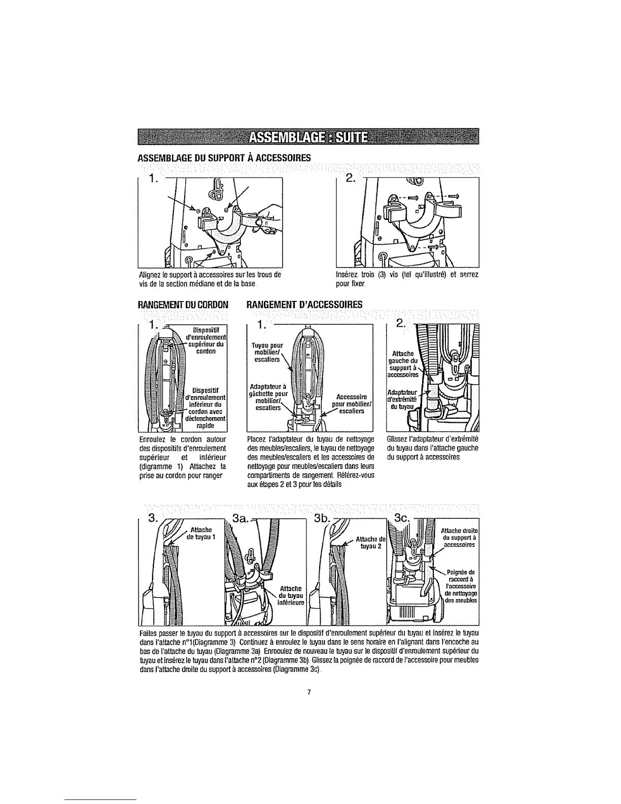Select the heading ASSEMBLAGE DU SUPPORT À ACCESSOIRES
click(x=224, y=158)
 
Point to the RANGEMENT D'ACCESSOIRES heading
click(x=304, y=305)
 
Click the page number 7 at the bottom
click(x=308, y=692)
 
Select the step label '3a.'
click(x=239, y=518)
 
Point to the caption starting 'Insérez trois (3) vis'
click(x=407, y=279)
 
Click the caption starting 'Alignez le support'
click(x=210, y=279)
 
